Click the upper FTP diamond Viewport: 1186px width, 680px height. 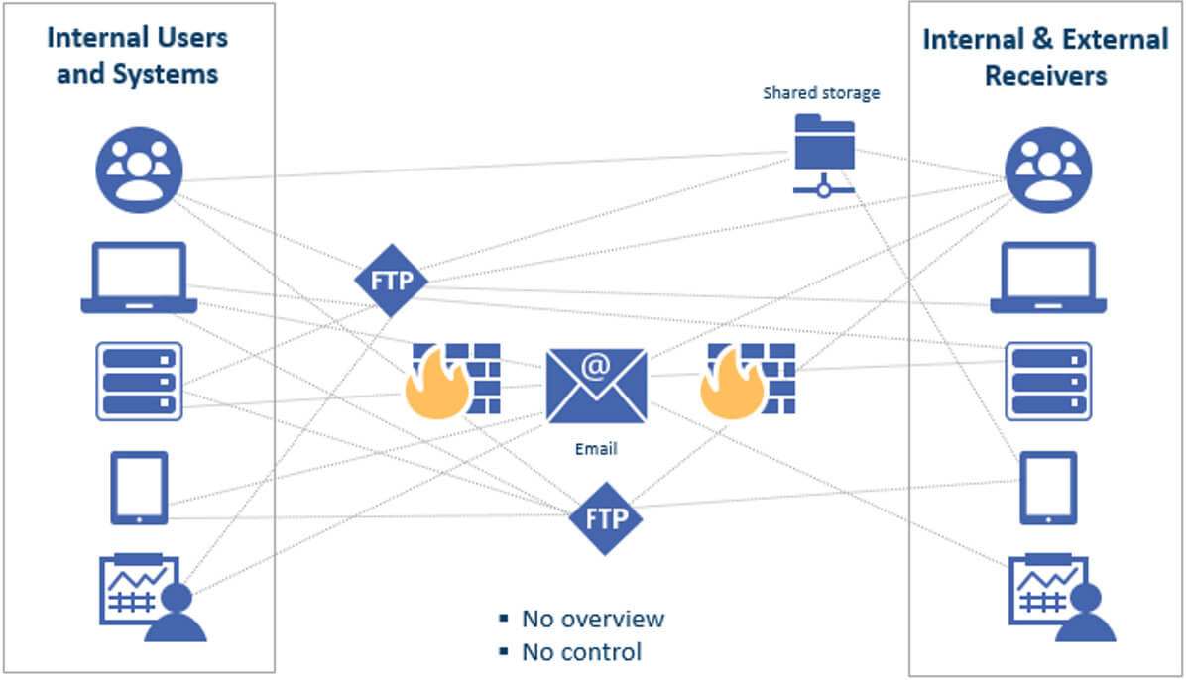coord(391,281)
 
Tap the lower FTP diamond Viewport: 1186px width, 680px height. coord(606,518)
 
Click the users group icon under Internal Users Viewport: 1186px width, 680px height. coord(139,170)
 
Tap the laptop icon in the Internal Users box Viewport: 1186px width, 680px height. coord(139,278)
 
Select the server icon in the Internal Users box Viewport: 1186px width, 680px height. coord(139,381)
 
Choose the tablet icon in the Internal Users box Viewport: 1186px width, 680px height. coord(139,488)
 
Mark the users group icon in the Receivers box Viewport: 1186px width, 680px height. coord(1048,170)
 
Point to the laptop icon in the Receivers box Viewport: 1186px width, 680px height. coord(1048,278)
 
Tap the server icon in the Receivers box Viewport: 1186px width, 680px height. coord(1048,381)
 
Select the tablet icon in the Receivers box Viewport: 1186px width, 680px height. coord(1048,488)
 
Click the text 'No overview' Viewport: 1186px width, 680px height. coord(593,620)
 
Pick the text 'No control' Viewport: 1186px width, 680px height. coord(581,652)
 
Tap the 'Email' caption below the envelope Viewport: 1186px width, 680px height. coord(596,449)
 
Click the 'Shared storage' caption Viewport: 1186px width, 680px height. coord(821,94)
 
